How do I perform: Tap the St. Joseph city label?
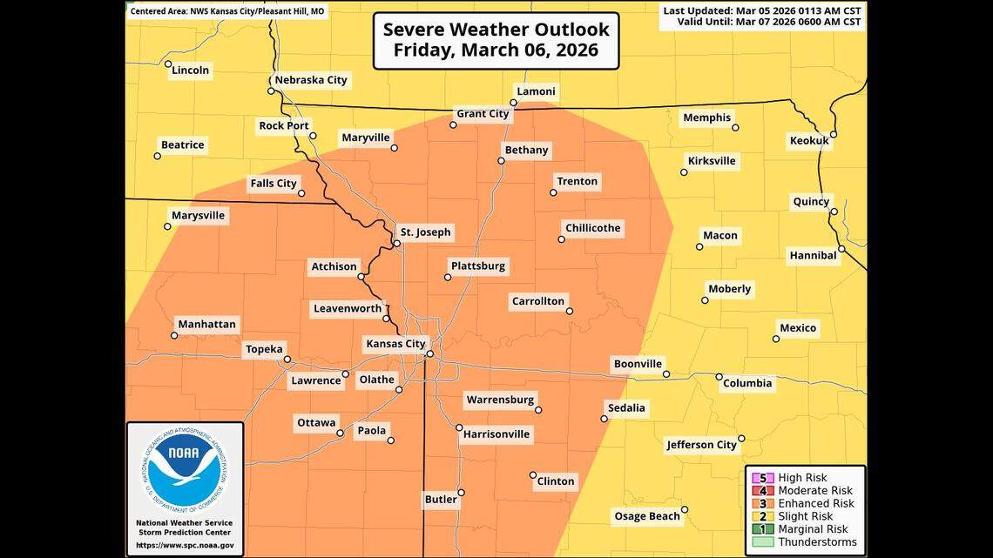tap(425, 232)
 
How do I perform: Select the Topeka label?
tap(264, 349)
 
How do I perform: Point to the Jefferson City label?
tap(701, 445)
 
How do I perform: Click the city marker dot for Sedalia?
tap(604, 419)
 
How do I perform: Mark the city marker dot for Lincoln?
tap(167, 63)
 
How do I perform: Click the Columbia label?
tap(747, 383)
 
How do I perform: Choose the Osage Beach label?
tap(647, 516)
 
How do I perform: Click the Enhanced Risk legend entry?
tap(815, 503)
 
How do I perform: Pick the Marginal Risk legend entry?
tap(812, 529)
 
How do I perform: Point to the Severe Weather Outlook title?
tap(496, 40)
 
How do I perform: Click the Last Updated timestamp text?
tap(762, 11)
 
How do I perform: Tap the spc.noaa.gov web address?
tap(185, 546)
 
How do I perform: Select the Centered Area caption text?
tap(228, 12)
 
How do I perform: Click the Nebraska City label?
tap(311, 80)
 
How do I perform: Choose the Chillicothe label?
tap(592, 228)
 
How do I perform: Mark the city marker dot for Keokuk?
tap(834, 134)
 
